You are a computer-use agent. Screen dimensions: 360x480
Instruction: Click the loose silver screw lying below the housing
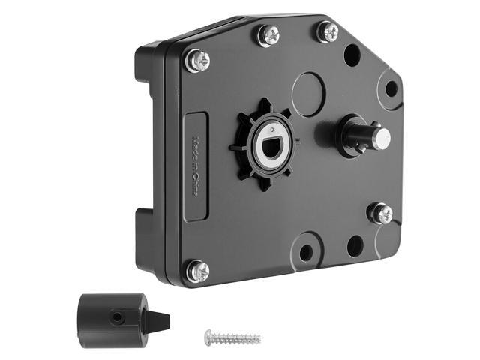[233, 337]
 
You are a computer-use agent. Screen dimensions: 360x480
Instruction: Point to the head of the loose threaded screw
[210, 337]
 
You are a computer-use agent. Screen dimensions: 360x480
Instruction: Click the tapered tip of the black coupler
[161, 321]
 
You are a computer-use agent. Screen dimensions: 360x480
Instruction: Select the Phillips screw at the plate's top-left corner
[197, 61]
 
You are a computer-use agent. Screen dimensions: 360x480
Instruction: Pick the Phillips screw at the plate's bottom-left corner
[197, 270]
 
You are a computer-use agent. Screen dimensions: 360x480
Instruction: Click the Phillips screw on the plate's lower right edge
[380, 213]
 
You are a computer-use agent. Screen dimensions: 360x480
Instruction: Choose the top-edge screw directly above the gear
[267, 35]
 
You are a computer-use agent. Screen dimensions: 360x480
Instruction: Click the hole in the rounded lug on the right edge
[391, 88]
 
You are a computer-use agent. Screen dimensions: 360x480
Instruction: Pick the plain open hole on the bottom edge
[355, 246]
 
